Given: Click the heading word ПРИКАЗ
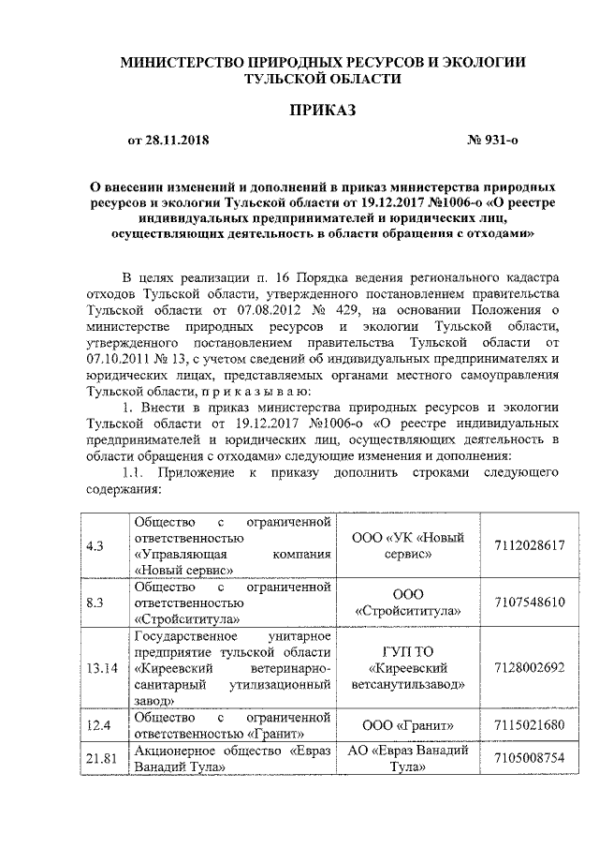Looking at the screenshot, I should point(322,111).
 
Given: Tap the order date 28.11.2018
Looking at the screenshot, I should point(178,141).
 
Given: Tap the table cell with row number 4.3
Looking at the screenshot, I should point(94,544).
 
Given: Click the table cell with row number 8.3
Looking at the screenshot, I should point(94,603).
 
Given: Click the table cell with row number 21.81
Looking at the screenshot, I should point(97,758).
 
